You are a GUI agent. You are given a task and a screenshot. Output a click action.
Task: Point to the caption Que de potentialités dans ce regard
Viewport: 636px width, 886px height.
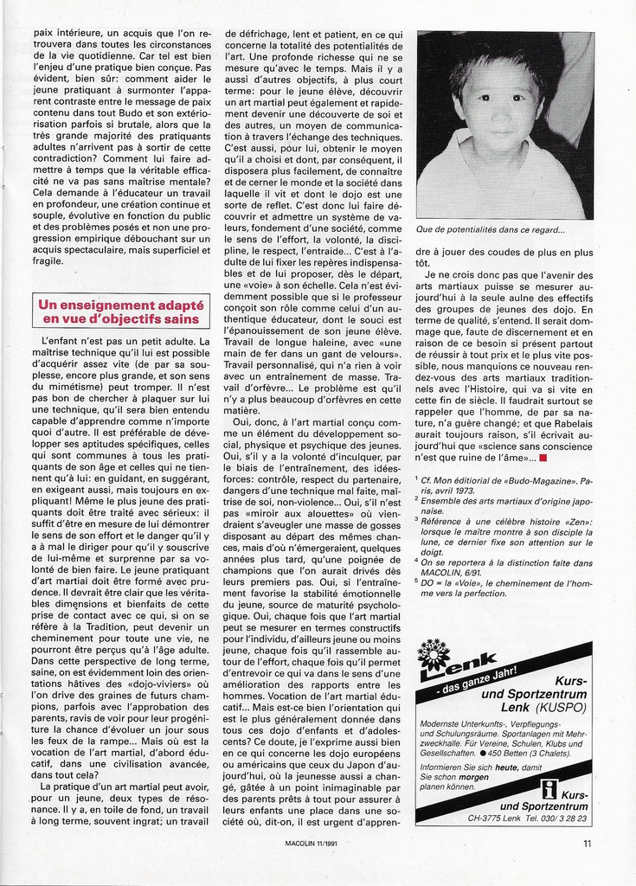490,229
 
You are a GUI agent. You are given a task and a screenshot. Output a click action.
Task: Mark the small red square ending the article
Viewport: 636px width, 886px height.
542,457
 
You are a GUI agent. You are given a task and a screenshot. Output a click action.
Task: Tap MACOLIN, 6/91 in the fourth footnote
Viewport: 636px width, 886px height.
453,570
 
